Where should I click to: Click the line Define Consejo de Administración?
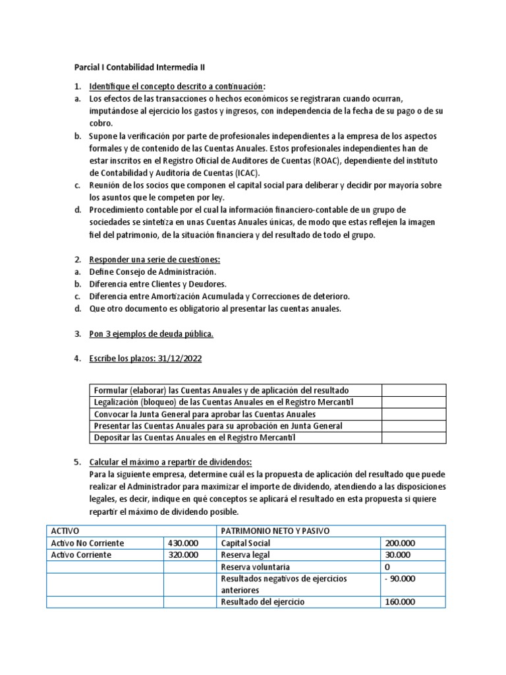pyautogui.click(x=152, y=272)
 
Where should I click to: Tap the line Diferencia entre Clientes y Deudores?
pyautogui.click(x=157, y=284)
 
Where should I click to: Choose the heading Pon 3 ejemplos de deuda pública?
pyautogui.click(x=152, y=334)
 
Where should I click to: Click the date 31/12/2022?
pyautogui.click(x=180, y=359)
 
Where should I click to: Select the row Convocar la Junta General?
pyautogui.click(x=205, y=414)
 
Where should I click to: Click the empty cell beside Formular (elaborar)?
pyautogui.click(x=414, y=390)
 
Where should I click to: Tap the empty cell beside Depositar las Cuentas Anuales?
pyautogui.click(x=414, y=438)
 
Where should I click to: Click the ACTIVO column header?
pyautogui.click(x=65, y=531)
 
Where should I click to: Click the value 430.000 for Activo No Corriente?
pyautogui.click(x=183, y=543)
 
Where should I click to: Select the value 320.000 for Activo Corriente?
pyautogui.click(x=183, y=555)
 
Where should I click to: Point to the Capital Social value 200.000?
pyautogui.click(x=400, y=543)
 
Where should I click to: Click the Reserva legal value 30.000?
pyautogui.click(x=397, y=555)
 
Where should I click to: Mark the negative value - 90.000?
pyautogui.click(x=400, y=578)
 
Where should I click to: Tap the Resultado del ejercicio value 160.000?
pyautogui.click(x=400, y=601)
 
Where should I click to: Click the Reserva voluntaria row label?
pyautogui.click(x=255, y=567)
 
